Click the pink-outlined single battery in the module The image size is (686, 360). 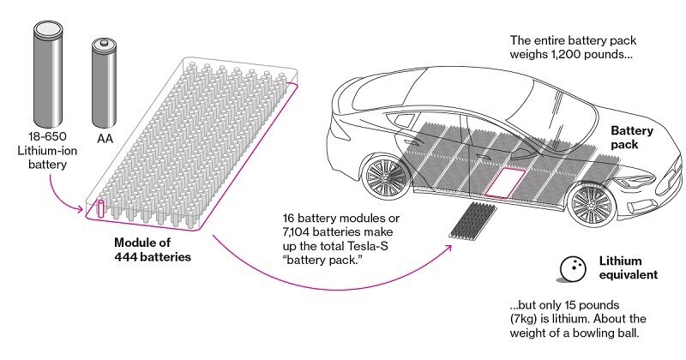click(x=99, y=207)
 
